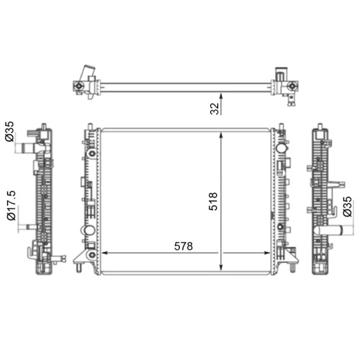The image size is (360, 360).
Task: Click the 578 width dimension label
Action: click(x=184, y=246)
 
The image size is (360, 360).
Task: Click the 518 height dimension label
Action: click(x=213, y=202)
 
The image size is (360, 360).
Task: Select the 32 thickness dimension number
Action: click(x=215, y=109)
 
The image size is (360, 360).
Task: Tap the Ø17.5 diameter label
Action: click(x=12, y=205)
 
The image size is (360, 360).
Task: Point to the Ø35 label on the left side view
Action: click(x=9, y=132)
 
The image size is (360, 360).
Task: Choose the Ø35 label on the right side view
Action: click(x=347, y=206)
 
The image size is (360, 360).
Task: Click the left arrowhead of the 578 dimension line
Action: click(x=104, y=253)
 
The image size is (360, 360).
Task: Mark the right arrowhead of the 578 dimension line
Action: click(x=267, y=253)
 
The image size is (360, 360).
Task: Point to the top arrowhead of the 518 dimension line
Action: click(x=221, y=135)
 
